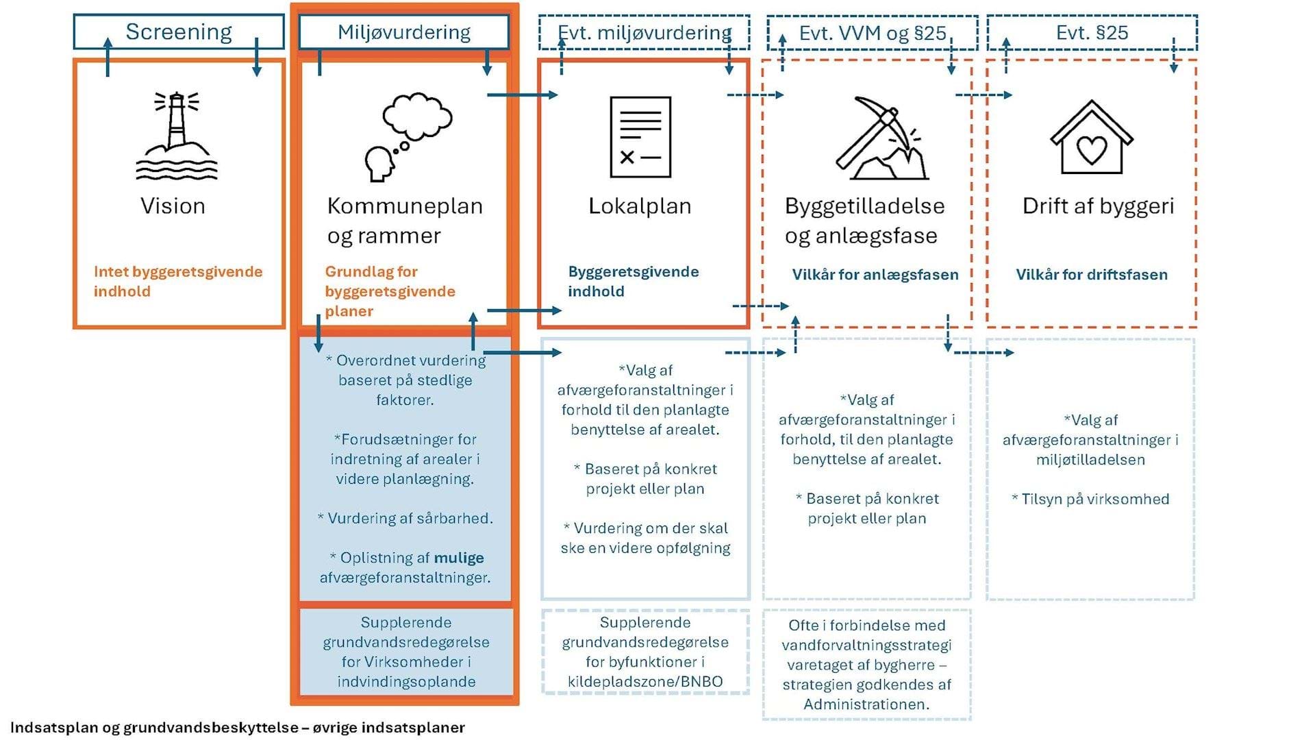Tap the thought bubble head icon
click(408, 137)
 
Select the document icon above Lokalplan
click(640, 137)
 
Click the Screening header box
click(179, 32)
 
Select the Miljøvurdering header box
click(404, 32)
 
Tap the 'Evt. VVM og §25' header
click(873, 33)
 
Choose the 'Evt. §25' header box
click(1092, 33)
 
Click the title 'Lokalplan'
click(640, 206)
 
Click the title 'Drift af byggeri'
click(1098, 206)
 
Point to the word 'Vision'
click(173, 206)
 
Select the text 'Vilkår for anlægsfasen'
click(875, 275)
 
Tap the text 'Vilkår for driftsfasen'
click(1092, 275)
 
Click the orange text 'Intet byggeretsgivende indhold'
click(178, 281)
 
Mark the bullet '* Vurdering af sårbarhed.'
click(405, 519)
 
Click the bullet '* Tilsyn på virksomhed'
click(1090, 499)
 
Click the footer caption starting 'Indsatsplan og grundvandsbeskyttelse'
click(238, 728)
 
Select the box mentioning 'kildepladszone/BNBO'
click(645, 652)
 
